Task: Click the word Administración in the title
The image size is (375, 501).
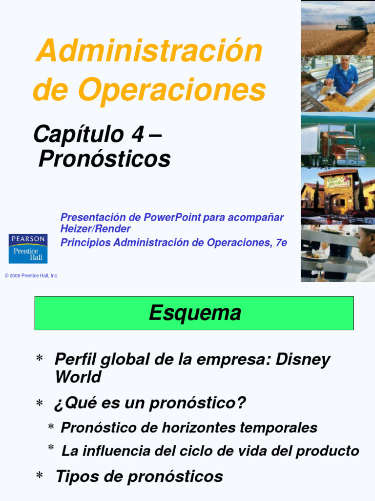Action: click(149, 50)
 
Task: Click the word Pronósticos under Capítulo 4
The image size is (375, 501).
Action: click(104, 159)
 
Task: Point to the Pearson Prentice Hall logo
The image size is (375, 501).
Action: click(28, 248)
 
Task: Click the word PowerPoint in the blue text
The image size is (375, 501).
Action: click(172, 217)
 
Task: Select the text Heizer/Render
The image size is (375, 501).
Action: click(96, 229)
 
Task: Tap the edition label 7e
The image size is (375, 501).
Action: click(281, 242)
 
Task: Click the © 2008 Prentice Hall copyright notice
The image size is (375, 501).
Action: click(31, 276)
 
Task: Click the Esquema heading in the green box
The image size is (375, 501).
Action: click(195, 313)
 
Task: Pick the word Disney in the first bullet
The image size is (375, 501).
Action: click(303, 359)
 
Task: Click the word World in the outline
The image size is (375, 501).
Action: click(78, 377)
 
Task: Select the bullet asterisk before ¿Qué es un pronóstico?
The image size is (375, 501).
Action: click(40, 404)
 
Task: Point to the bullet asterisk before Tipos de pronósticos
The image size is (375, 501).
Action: click(40, 477)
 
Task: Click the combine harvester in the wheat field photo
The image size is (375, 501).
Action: click(355, 23)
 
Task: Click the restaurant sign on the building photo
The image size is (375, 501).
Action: click(338, 182)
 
